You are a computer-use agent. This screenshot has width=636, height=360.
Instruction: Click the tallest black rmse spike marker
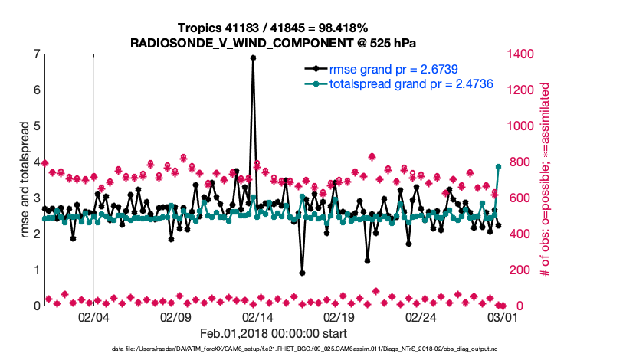(x=253, y=57)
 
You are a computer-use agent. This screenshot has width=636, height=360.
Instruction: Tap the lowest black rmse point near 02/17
(x=303, y=273)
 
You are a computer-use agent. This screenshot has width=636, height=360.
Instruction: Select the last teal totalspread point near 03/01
(x=499, y=166)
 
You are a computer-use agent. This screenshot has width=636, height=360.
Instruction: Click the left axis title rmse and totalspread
(x=25, y=180)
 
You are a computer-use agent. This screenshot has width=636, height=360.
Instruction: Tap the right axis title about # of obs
(x=545, y=180)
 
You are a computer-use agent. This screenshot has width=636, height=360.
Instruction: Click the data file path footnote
(x=317, y=350)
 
